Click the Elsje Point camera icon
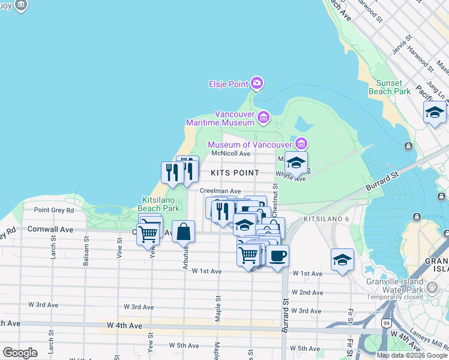pos(257,83)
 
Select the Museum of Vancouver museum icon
pos(301,144)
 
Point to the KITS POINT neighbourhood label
pos(235,173)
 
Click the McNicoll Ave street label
pos(231,154)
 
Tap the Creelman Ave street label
pos(220,191)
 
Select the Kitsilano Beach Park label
pos(160,204)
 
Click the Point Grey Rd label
pos(54,210)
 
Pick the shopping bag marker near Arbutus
pos(184,231)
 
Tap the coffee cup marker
pos(277,256)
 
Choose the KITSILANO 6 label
pos(326,220)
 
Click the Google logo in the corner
pos(20,353)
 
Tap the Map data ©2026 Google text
pos(411,355)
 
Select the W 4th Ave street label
pos(125,325)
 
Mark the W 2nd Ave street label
pos(307,292)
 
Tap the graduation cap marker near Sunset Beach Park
pos(435,112)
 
